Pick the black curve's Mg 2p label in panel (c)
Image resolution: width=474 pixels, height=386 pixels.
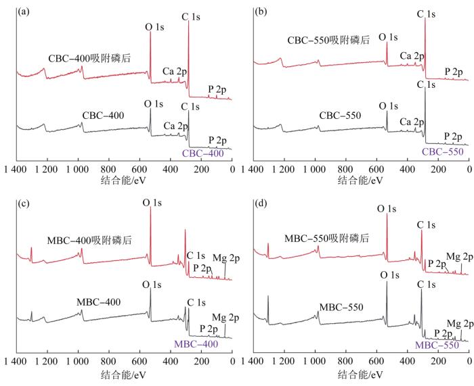coord(224,317)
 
